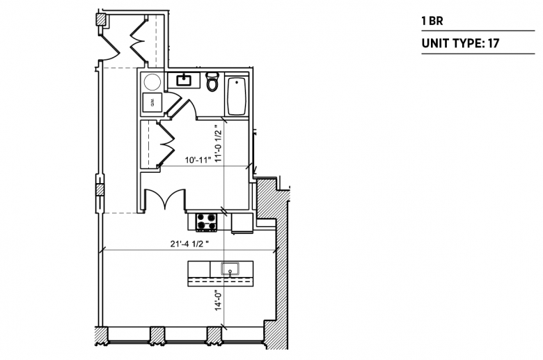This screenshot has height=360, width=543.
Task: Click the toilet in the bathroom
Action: coord(212,81)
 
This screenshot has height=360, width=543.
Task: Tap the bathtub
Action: coord(237,95)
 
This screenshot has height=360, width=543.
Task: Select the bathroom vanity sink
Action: coord(183,80)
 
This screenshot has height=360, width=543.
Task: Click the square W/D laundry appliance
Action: coord(152,102)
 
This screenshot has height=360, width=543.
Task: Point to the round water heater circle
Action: coord(152,82)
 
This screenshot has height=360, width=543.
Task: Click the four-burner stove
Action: coord(206,222)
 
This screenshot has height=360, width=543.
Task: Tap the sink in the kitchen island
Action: coord(230,269)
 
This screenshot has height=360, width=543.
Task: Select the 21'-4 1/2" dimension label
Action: coord(189,244)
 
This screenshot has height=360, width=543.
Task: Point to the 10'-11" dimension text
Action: coord(198,160)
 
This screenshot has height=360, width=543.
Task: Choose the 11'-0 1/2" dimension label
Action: coord(218,144)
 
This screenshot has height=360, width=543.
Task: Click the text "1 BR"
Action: coord(432,21)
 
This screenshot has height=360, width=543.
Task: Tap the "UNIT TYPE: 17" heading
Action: coord(461,43)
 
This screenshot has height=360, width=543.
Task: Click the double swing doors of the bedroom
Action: coord(165,198)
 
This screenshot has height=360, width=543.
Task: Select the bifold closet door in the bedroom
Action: coord(166,144)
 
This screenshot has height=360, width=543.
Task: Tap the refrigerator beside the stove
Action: coord(242,223)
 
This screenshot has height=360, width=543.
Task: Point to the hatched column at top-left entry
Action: coord(101,19)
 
